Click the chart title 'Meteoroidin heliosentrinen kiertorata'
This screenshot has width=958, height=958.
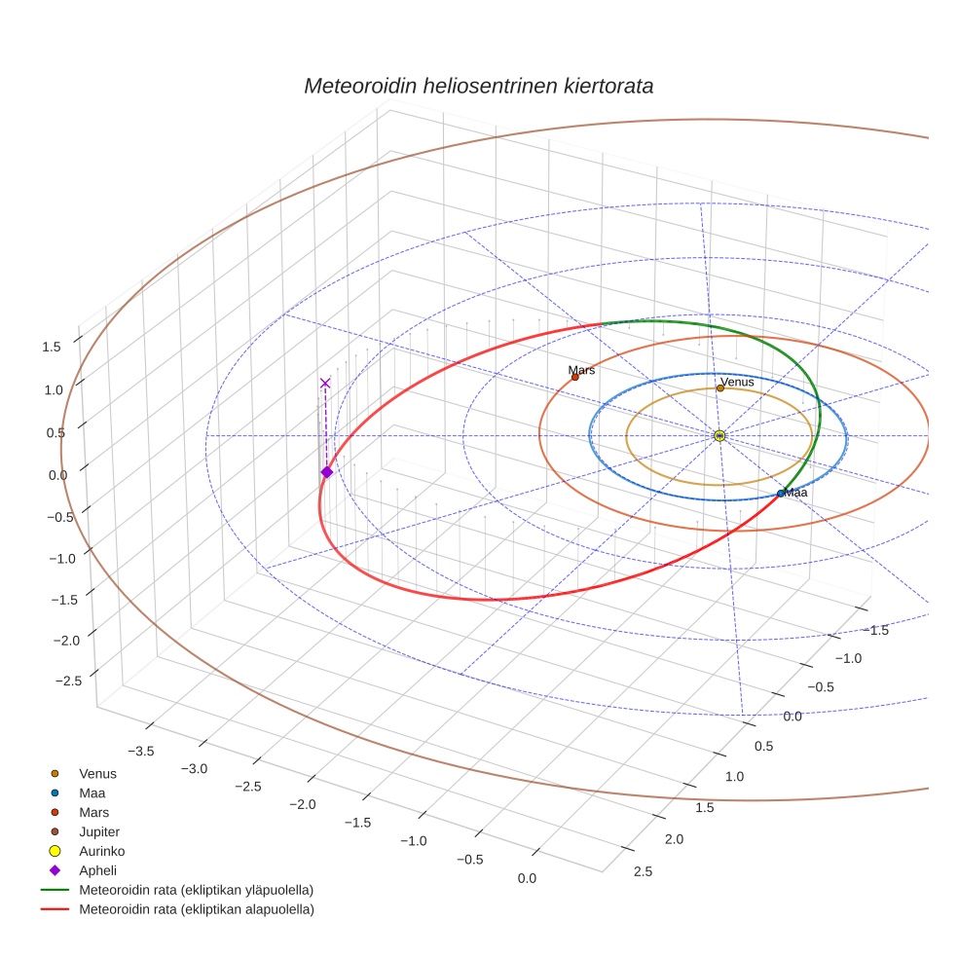pyautogui.click(x=478, y=86)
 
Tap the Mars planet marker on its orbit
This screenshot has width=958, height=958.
pyautogui.click(x=574, y=377)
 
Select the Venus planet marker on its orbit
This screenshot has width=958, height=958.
pyautogui.click(x=720, y=388)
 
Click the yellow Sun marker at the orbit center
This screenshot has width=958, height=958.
pyautogui.click(x=719, y=435)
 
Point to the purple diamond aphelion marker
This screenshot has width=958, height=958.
pyautogui.click(x=326, y=472)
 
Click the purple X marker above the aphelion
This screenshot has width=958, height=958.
pyautogui.click(x=325, y=384)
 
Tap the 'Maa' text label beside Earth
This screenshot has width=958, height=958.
pyautogui.click(x=795, y=493)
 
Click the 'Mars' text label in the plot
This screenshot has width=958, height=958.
pyautogui.click(x=582, y=370)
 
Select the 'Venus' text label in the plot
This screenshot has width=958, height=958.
pyautogui.click(x=737, y=382)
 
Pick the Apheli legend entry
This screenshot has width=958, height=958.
pyautogui.click(x=97, y=870)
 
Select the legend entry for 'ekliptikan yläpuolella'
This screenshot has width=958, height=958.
pyautogui.click(x=195, y=890)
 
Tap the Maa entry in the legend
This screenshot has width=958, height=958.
pyautogui.click(x=92, y=792)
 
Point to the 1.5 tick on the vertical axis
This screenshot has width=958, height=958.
pyautogui.click(x=52, y=347)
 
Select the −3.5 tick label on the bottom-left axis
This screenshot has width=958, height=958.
pyautogui.click(x=140, y=751)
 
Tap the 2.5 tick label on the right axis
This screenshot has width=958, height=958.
pyautogui.click(x=643, y=871)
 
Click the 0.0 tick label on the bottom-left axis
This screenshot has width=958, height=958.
pyautogui.click(x=527, y=879)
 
